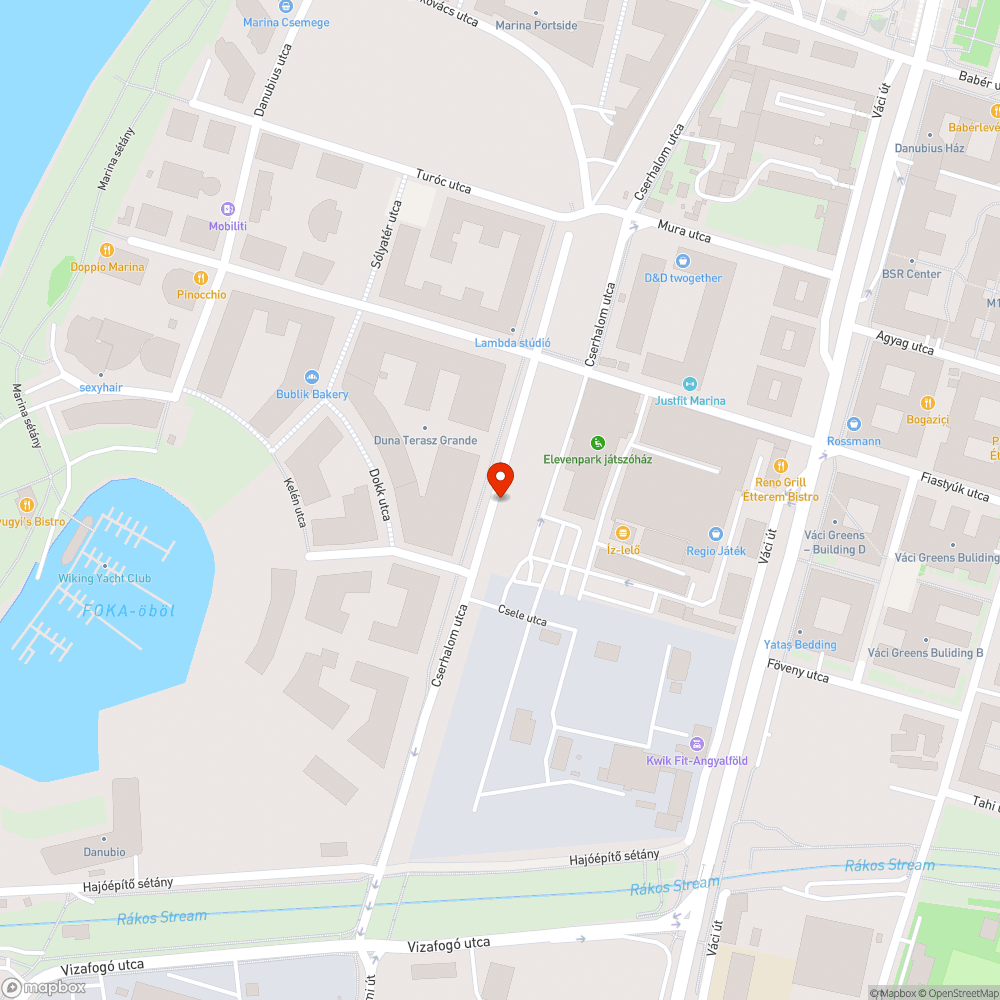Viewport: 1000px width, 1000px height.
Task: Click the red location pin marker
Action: (500, 479)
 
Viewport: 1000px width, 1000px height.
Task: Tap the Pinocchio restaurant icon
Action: (201, 278)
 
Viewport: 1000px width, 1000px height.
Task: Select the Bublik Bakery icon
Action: (312, 377)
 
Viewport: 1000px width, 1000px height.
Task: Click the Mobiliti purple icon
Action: (228, 209)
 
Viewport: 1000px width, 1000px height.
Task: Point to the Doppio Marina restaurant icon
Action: (107, 250)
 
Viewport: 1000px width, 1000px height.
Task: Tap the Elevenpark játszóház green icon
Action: (597, 443)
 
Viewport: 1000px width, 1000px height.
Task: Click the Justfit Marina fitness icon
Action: (689, 384)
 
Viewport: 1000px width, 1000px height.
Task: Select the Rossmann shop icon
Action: (853, 424)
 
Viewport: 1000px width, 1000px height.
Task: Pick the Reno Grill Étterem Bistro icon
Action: (781, 466)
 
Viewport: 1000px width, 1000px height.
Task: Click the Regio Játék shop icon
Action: (715, 534)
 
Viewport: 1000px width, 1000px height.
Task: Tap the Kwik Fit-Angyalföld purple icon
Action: (697, 744)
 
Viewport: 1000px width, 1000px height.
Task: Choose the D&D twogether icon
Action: (683, 261)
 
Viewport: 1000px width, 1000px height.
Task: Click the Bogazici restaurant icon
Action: (927, 402)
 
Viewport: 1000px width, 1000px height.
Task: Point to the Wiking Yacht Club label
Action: (104, 578)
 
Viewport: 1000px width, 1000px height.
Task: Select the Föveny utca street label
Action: (798, 670)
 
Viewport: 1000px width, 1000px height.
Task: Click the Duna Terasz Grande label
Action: (425, 440)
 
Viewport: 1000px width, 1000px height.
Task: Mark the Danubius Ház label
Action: (929, 148)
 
